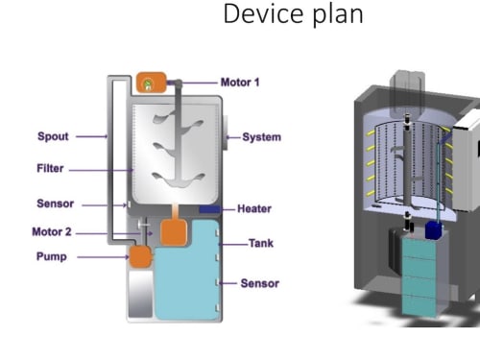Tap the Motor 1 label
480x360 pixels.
click(240, 83)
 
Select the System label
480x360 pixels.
click(262, 137)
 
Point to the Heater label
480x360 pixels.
click(254, 208)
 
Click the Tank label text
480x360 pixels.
click(261, 243)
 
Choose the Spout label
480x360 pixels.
click(53, 136)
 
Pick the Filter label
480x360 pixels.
click(50, 168)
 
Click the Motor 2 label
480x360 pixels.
click(52, 231)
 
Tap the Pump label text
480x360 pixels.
click(52, 256)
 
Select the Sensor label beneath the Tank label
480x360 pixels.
click(260, 283)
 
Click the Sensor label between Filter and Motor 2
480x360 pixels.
click(56, 204)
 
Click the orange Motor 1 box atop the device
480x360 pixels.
click(152, 83)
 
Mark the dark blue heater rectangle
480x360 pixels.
click(210, 209)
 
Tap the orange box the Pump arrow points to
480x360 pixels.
click(140, 256)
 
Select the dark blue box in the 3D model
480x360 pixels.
click(434, 230)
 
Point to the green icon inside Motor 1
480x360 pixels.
click(148, 84)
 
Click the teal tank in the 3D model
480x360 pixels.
click(420, 276)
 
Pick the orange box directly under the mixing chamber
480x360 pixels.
click(174, 232)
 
